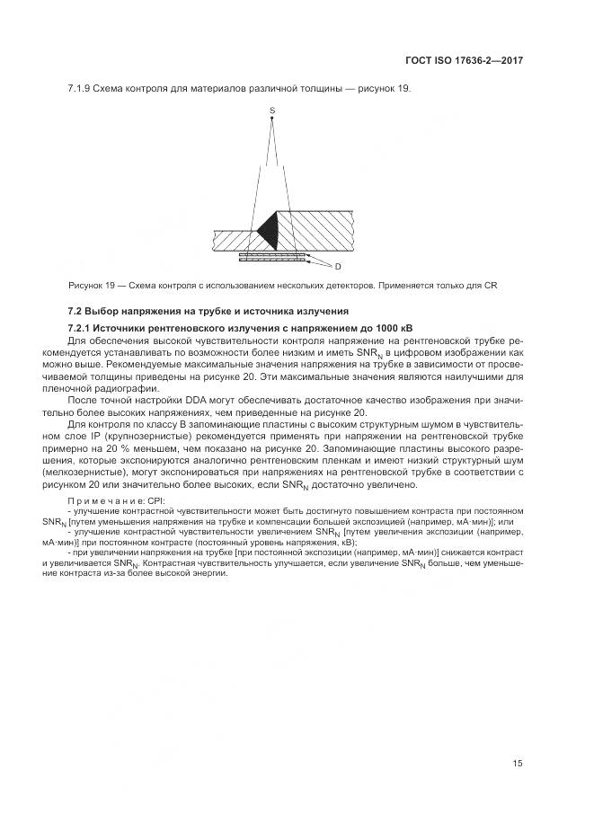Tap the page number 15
tap(518, 764)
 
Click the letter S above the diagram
tap(271, 111)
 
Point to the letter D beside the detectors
tap(338, 267)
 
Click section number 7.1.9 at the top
tap(82, 88)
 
